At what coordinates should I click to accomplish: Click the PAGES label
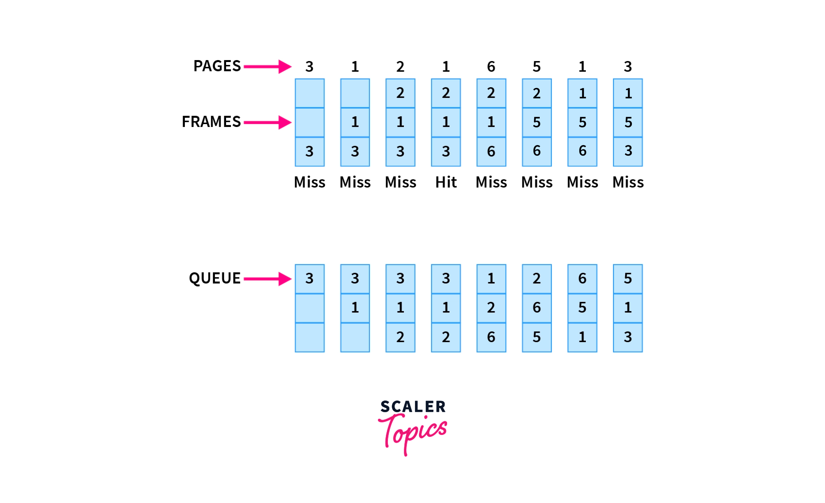[x=217, y=66]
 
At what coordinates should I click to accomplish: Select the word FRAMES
[x=211, y=122]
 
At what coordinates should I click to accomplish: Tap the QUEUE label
[x=215, y=278]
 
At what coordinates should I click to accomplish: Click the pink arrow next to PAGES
[x=268, y=67]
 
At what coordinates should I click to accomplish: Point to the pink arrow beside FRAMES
[x=268, y=122]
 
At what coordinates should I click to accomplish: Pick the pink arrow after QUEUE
[x=268, y=279]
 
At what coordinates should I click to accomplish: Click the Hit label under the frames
[x=446, y=182]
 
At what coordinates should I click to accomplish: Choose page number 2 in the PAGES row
[x=400, y=67]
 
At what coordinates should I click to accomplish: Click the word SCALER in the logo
[x=413, y=406]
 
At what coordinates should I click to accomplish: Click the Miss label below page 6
[x=491, y=182]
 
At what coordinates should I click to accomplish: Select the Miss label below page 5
[x=537, y=182]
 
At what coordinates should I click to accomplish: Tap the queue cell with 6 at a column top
[x=582, y=279]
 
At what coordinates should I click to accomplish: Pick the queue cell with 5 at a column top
[x=628, y=279]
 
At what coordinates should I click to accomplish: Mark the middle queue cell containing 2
[x=491, y=308]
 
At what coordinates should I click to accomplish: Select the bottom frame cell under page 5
[x=537, y=151]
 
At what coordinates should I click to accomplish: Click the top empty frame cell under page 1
[x=355, y=93]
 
